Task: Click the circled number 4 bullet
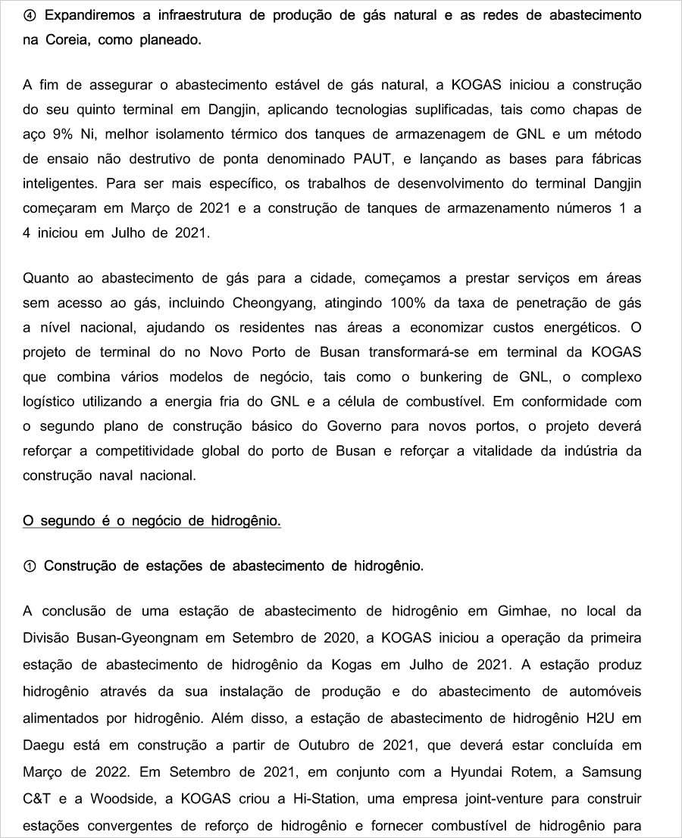click(30, 15)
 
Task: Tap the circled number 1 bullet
click(30, 565)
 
